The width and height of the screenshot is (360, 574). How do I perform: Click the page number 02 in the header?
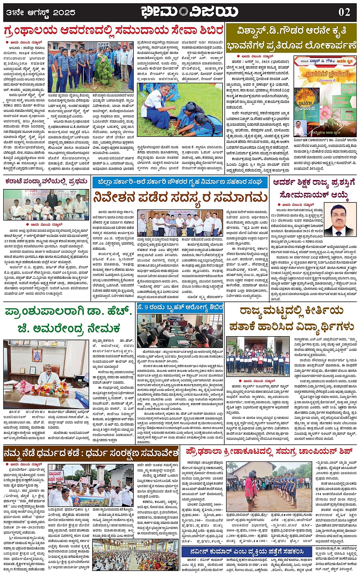pyautogui.click(x=344, y=12)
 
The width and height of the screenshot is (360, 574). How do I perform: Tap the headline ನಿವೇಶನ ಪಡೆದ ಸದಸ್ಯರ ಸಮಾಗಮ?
pyautogui.click(x=181, y=198)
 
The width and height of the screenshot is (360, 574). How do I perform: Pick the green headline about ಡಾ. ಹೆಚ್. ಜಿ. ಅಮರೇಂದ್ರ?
pyautogui.click(x=68, y=319)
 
